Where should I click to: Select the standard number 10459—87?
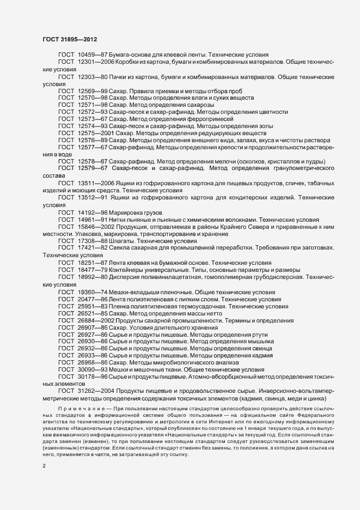(x=90, y=55)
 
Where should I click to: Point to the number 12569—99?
(x=90, y=90)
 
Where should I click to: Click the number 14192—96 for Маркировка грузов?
(x=90, y=211)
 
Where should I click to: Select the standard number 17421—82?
(x=90, y=247)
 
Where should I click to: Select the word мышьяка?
(x=259, y=341)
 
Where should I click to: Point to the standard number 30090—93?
(x=90, y=369)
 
